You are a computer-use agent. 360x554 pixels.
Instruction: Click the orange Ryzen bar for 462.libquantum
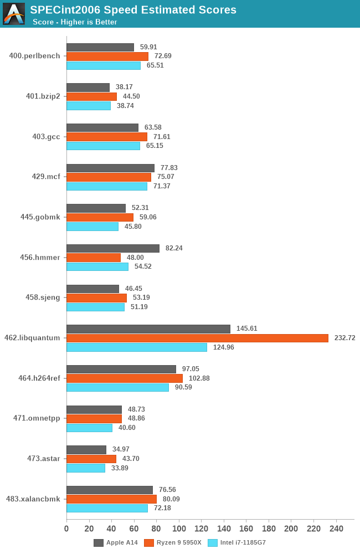197,338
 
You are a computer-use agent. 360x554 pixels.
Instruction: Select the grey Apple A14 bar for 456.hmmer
113,248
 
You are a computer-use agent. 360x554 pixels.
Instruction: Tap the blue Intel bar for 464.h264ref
117,387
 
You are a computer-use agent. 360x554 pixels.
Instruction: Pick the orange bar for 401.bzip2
91,96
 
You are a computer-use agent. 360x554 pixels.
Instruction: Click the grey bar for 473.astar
86,450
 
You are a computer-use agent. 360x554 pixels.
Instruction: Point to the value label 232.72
344,338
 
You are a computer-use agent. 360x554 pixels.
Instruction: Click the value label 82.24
174,248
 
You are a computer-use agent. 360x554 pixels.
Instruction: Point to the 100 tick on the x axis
179,529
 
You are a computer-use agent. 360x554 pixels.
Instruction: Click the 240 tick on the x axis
336,529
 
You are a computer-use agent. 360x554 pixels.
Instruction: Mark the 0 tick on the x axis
66,529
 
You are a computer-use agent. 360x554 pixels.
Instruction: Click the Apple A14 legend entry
116,543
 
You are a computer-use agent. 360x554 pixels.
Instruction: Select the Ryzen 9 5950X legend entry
172,543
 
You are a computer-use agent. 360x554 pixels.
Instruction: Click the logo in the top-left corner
13,14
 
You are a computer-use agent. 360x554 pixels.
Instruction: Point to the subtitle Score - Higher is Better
75,22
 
